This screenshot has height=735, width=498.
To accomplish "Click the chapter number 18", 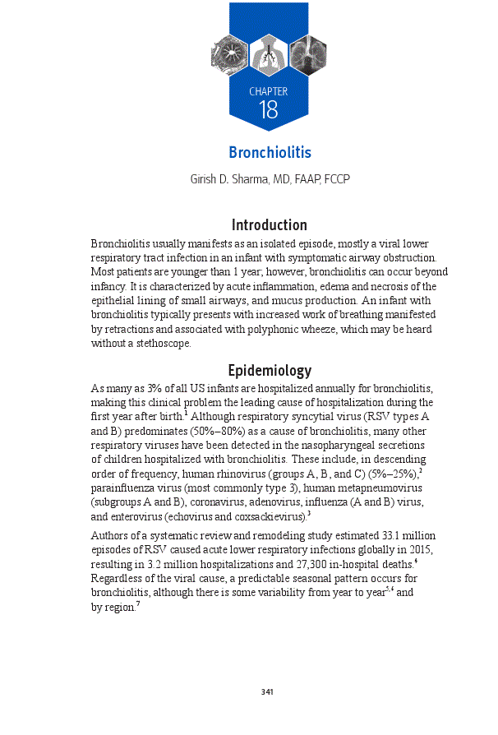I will pyautogui.click(x=269, y=110).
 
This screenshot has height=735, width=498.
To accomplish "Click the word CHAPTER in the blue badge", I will pyautogui.click(x=269, y=91).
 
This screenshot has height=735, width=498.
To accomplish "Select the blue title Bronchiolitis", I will pyautogui.click(x=270, y=153).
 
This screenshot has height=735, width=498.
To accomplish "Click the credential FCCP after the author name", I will pyautogui.click(x=337, y=178).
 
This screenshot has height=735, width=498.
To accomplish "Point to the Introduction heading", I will pyautogui.click(x=270, y=225).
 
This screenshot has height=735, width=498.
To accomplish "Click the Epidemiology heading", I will pyautogui.click(x=270, y=371).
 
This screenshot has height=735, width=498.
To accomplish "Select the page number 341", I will pyautogui.click(x=267, y=691).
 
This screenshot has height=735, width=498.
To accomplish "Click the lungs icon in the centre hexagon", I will pyautogui.click(x=269, y=55).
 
